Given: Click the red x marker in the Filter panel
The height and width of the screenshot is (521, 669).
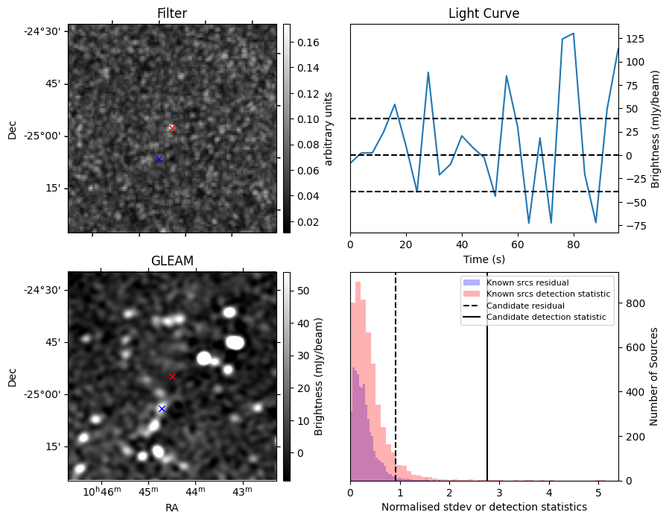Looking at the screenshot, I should (172, 128).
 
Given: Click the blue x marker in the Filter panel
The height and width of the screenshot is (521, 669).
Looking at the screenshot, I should (159, 159).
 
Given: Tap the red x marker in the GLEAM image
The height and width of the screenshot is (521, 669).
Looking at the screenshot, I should (172, 376).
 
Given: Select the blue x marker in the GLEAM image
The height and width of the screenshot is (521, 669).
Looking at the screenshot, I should (162, 408).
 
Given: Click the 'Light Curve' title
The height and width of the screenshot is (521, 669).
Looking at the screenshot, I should (483, 13).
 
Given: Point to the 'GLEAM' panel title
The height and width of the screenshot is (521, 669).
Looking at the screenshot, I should (172, 261).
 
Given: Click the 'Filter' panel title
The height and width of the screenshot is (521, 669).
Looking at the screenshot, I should (172, 13).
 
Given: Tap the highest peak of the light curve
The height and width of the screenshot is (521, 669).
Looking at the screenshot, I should (573, 34).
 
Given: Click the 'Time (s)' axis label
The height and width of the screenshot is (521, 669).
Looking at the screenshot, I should (483, 258).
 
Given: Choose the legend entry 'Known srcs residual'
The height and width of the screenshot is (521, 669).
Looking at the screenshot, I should (527, 282).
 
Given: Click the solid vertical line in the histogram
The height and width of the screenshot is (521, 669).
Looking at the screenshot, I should (487, 388).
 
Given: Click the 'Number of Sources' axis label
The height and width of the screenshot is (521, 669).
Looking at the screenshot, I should (654, 376).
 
